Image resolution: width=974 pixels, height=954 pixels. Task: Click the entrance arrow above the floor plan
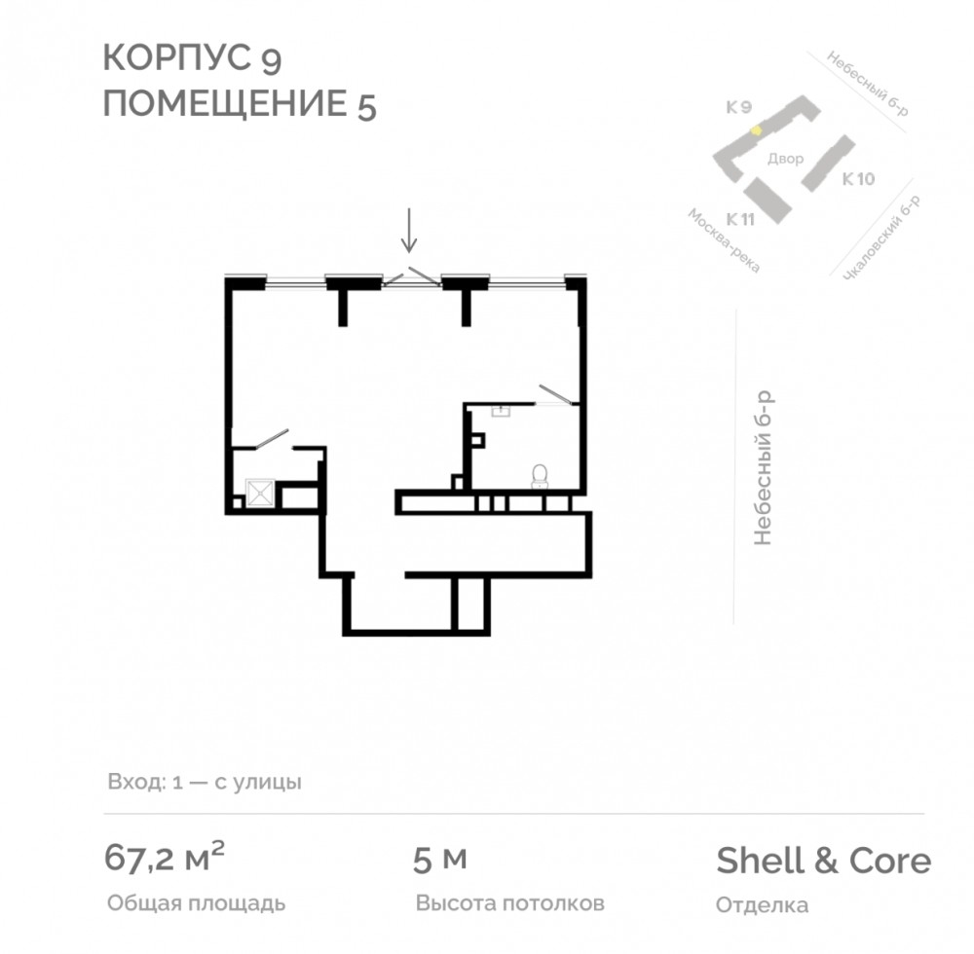(x=408, y=231)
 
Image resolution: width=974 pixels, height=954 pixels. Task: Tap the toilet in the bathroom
(x=540, y=477)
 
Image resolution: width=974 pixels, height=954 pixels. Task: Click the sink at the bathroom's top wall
(x=501, y=411)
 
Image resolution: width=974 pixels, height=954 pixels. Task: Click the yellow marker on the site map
(x=756, y=130)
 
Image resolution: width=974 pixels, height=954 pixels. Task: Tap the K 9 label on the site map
(x=739, y=107)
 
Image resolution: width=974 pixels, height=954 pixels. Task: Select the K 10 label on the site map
(x=858, y=179)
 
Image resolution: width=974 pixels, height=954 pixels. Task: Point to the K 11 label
(x=740, y=219)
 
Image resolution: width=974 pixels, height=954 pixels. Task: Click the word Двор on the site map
(x=785, y=159)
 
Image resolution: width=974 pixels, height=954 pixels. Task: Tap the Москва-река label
(x=724, y=240)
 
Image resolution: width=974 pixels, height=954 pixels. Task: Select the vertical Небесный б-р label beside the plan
(x=763, y=468)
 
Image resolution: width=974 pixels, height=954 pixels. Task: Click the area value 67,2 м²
(x=164, y=858)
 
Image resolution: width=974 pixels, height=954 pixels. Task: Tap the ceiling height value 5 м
(x=440, y=861)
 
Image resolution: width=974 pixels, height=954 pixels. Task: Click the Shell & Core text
(x=824, y=861)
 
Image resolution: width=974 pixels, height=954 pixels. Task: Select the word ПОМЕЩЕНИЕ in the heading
(x=225, y=103)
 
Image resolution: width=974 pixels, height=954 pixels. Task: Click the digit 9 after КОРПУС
(x=272, y=59)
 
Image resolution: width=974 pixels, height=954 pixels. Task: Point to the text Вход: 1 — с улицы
(x=205, y=782)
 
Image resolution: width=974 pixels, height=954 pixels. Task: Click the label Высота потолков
(x=510, y=903)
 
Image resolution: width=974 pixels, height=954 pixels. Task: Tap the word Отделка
(x=763, y=905)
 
